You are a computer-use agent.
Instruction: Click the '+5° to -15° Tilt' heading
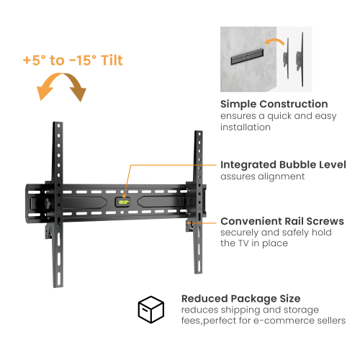click(x=72, y=60)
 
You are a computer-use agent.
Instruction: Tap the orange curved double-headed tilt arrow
click(x=63, y=91)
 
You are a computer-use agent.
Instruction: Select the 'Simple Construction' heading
click(x=274, y=104)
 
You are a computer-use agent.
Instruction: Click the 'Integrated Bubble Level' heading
click(x=283, y=164)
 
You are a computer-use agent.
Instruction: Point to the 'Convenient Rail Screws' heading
click(x=282, y=221)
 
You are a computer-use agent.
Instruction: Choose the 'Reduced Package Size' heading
click(x=240, y=298)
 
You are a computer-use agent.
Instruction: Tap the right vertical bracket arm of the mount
click(x=199, y=202)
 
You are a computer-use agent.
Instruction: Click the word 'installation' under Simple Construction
click(x=246, y=127)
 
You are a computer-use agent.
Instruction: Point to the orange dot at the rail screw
click(x=189, y=222)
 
